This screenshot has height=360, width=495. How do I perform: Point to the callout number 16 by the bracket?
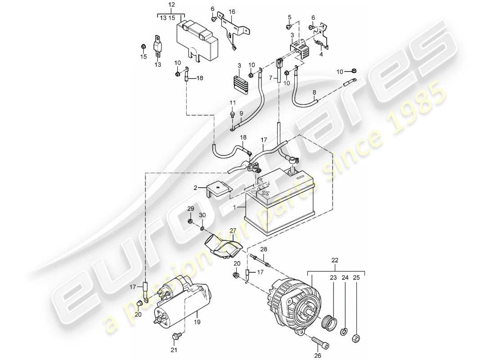pos(232,11)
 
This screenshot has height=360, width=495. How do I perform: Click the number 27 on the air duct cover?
pos(233,231)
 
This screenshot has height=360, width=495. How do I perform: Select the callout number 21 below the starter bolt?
pos(174,350)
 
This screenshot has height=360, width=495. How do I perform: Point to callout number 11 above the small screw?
pos(233,103)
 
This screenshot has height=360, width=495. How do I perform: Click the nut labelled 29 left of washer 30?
pos(191,222)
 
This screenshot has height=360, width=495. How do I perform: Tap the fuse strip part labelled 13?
pos(158,45)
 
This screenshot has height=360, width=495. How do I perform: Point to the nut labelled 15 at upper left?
pos(143,46)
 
